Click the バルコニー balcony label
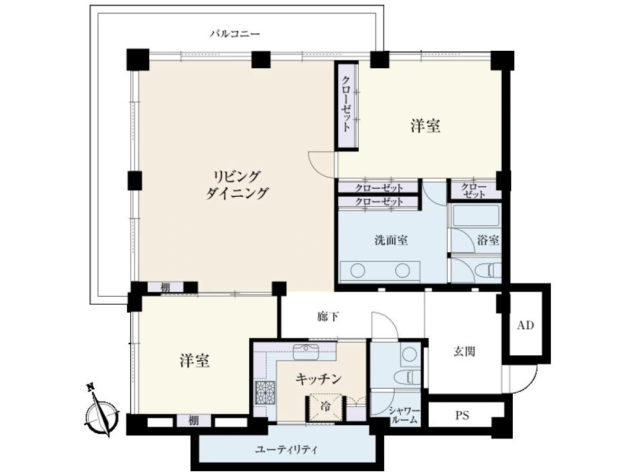pyautogui.click(x=235, y=34)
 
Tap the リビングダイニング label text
pyautogui.click(x=237, y=185)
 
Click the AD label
pyautogui.click(x=525, y=325)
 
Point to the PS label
pyautogui.click(x=462, y=416)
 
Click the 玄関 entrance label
pyautogui.click(x=464, y=352)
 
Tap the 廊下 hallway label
pyautogui.click(x=328, y=317)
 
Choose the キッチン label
pyautogui.click(x=319, y=378)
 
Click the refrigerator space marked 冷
pyautogui.click(x=325, y=407)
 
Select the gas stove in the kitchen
pyautogui.click(x=265, y=392)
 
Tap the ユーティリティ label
pyautogui.click(x=286, y=450)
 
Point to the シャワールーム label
pyautogui.click(x=404, y=415)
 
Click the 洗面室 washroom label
pyautogui.click(x=391, y=241)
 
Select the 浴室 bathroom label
pyautogui.click(x=488, y=241)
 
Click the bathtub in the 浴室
pyautogui.click(x=476, y=215)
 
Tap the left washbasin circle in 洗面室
pyautogui.click(x=358, y=271)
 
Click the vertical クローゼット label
pyautogui.click(x=346, y=104)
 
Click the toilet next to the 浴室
pyautogui.click(x=488, y=270)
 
